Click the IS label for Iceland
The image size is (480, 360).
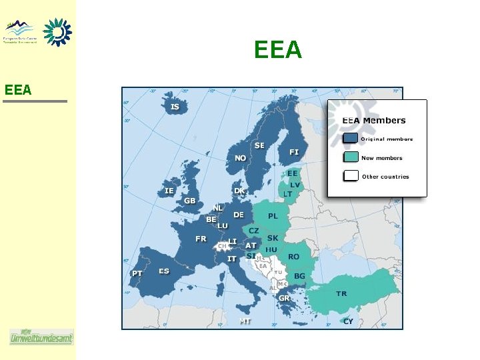click(175, 107)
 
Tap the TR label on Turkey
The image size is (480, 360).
click(341, 293)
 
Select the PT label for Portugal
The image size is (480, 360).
click(137, 273)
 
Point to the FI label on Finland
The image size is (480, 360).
click(294, 152)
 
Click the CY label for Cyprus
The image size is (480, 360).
click(348, 321)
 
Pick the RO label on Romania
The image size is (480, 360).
click(293, 257)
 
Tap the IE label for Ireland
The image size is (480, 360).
click(169, 191)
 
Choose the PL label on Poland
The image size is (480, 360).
click(273, 216)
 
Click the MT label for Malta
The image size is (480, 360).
click(245, 321)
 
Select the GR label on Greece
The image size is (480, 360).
click(284, 298)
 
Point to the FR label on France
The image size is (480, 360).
click(201, 239)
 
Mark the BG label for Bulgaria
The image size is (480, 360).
click(299, 276)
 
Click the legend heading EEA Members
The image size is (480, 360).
click(373, 121)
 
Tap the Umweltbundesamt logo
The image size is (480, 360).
click(41, 337)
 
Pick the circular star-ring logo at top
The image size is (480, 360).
click(57, 31)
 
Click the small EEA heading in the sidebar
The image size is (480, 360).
click(18, 89)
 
